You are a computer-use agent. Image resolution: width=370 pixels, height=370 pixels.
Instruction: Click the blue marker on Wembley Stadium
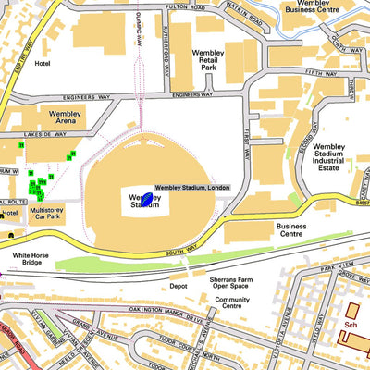[146, 198]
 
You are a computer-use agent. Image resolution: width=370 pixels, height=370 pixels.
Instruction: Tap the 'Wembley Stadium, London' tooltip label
[191, 188]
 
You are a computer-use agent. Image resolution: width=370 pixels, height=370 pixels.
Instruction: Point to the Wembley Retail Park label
[208, 60]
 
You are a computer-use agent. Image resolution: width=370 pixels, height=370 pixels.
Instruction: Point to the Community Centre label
[232, 304]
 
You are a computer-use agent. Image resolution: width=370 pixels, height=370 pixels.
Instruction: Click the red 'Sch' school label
[351, 325]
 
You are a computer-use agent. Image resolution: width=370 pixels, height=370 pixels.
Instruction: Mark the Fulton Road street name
[185, 6]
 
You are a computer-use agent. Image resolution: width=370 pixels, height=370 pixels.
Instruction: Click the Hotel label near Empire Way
[42, 65]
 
